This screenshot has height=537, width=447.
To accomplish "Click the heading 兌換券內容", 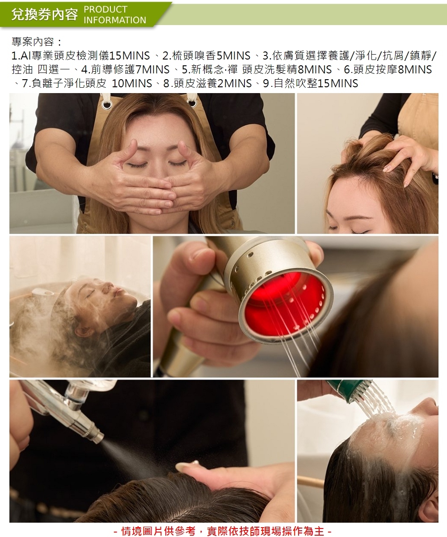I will click(44, 14).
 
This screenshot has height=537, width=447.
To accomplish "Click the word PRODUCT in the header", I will click(105, 9).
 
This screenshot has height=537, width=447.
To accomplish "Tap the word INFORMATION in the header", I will click(115, 20).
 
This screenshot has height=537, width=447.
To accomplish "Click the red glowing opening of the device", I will click(285, 304).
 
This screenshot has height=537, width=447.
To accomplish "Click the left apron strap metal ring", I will click(106, 104).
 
